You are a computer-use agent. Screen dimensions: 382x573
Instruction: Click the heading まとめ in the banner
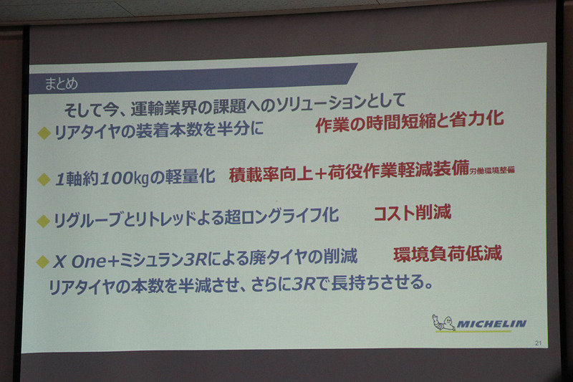(x=62, y=83)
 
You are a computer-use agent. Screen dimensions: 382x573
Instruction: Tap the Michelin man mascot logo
(x=444, y=323)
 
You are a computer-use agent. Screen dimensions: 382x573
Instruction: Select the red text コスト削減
(x=412, y=213)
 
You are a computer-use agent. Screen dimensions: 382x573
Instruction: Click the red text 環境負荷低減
(x=447, y=253)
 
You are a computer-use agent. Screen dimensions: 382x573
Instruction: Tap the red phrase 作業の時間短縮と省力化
(x=409, y=121)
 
